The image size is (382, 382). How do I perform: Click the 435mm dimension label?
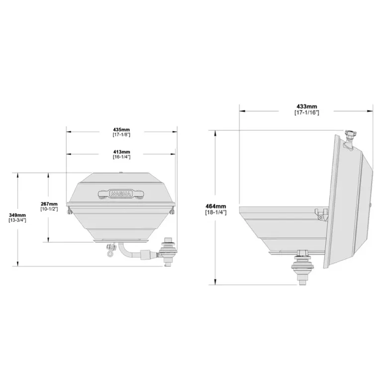[121, 130]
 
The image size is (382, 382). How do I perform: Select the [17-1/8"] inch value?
[121, 135]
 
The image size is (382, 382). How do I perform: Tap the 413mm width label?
[121, 152]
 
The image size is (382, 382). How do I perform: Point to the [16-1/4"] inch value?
[121, 157]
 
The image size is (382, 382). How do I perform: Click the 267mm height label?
[50, 204]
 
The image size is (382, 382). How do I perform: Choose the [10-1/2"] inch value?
[50, 209]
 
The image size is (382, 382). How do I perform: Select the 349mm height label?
[17, 215]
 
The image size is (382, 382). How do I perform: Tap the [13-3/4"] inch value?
[17, 220]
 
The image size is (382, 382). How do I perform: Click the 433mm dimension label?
[307, 107]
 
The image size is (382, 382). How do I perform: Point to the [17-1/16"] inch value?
[307, 112]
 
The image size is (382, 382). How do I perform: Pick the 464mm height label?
[216, 206]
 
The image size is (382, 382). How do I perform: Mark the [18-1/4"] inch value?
[216, 212]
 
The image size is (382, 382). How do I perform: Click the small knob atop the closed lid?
[122, 173]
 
